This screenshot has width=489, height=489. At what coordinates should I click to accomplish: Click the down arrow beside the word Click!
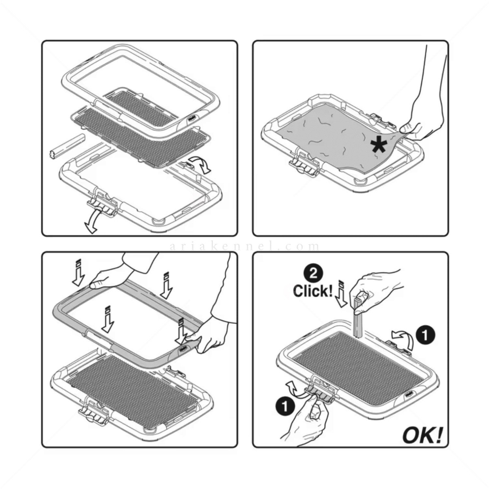[341, 294]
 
